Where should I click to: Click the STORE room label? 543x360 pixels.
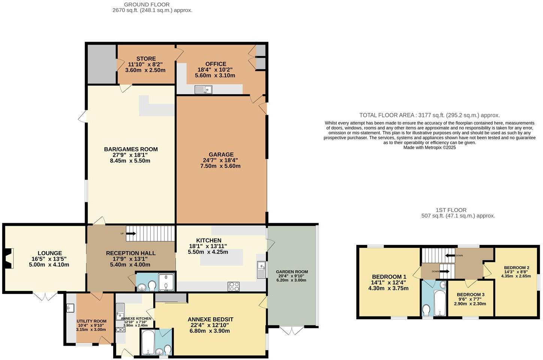tap(146, 59)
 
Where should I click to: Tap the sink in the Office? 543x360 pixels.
tap(203, 89)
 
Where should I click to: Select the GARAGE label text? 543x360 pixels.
tap(221, 154)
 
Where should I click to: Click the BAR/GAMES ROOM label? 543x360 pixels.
tap(131, 149)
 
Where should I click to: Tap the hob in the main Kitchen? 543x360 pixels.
tap(233, 286)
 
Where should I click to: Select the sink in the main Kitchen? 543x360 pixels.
tap(261, 270)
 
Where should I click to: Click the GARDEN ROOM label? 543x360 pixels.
tap(292, 272)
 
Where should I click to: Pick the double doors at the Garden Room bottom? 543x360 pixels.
tap(292, 330)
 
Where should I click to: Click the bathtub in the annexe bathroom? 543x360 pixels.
tap(148, 342)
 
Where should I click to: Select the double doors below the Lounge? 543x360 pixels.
tap(45, 296)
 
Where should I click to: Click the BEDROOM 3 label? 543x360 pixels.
tap(470, 295)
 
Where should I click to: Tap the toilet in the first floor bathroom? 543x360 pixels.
tap(426, 310)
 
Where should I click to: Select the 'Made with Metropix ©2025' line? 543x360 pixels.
tap(429, 148)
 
